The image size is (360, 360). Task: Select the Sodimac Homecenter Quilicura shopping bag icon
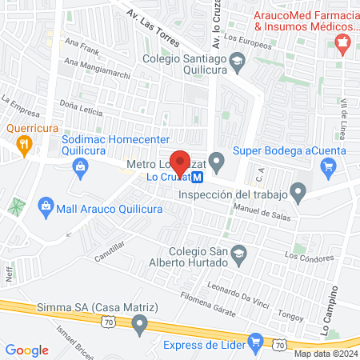[x=80, y=166]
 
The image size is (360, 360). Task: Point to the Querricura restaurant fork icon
[x=22, y=144]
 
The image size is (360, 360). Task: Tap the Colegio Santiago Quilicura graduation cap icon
[x=238, y=59]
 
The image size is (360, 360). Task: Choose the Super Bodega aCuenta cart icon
[x=328, y=166]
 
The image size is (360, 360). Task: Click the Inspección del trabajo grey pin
[x=298, y=192]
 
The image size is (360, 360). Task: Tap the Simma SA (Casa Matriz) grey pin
[x=141, y=324]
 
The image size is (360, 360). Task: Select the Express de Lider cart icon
[x=255, y=345]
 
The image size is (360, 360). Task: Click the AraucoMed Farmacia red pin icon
[x=343, y=42]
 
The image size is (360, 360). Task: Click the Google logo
[x=26, y=350]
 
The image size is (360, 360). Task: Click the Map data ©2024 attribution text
[x=325, y=354]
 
